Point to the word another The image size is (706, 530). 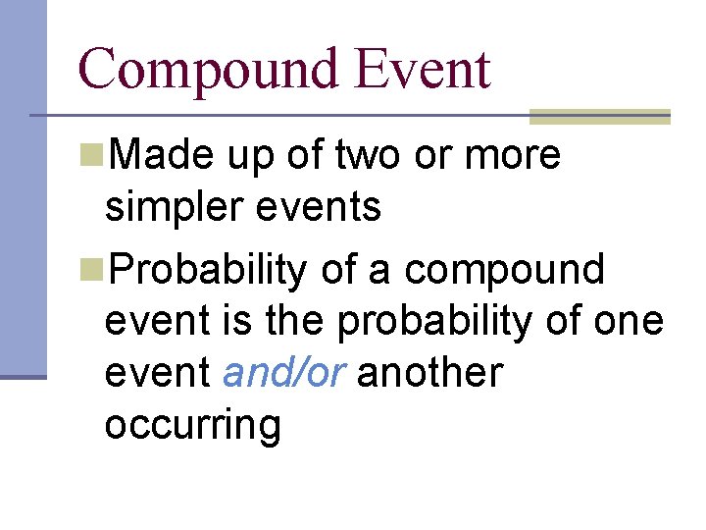click(x=429, y=373)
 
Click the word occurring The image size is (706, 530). click(x=192, y=426)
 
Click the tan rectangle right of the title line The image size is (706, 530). click(x=599, y=117)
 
